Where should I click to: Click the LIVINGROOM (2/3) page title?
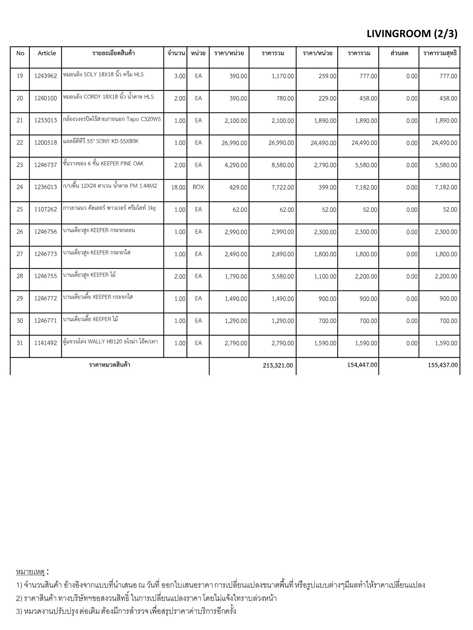pos(412,34)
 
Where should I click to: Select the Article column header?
pos(47,53)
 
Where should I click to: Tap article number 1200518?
pos(46,143)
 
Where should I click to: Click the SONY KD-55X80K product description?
pos(101,142)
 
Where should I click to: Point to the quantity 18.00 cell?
pos(178,187)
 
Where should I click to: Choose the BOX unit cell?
pos(198,187)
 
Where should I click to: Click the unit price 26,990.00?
pos(234,143)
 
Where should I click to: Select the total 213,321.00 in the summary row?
pos(278,365)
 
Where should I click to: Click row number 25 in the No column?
pos(20,209)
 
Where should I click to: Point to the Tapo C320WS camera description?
pos(112,119)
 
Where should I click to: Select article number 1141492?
pos(46,343)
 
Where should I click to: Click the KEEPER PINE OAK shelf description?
pos(103,164)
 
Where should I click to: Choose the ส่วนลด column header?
pos(399,53)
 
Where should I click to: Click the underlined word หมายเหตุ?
pos(30,572)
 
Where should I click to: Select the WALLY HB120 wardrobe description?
pos(110,342)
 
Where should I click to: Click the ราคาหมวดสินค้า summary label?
pos(109,365)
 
